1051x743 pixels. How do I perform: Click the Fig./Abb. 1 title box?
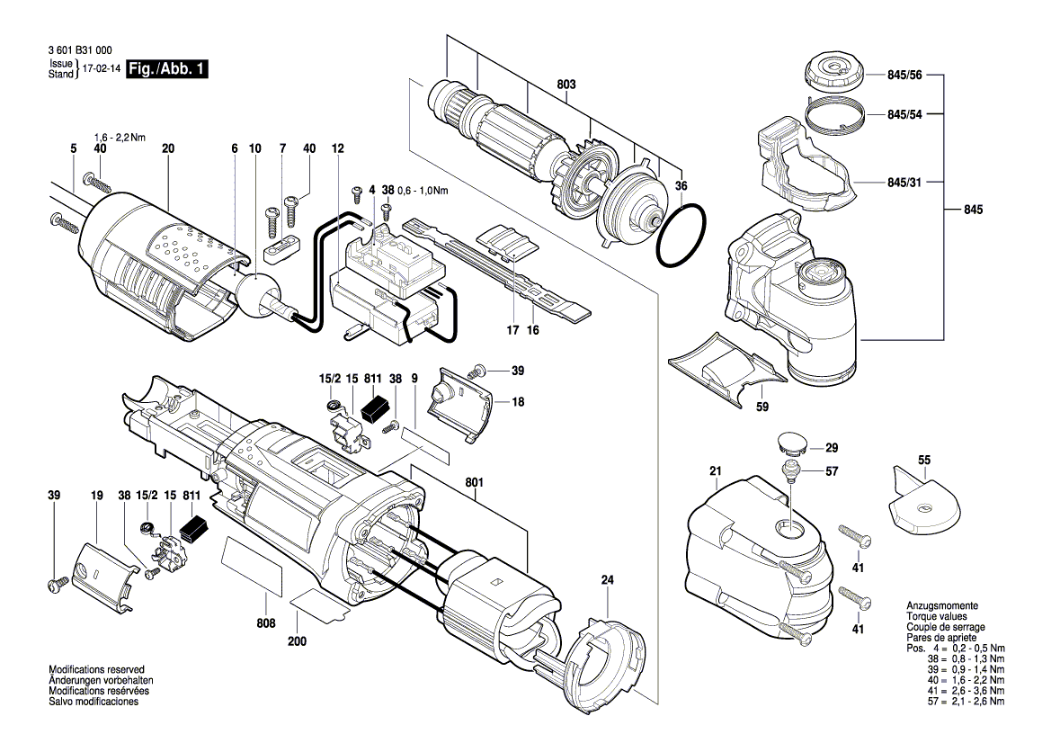[x=167, y=68]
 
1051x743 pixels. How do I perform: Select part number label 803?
[x=566, y=85]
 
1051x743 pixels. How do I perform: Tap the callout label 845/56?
[x=904, y=75]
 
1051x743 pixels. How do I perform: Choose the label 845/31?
[x=904, y=182]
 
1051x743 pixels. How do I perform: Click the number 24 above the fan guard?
[x=607, y=580]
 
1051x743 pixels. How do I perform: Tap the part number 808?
[x=266, y=623]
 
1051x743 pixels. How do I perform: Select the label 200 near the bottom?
[x=297, y=641]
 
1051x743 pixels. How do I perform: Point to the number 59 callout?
[x=762, y=407]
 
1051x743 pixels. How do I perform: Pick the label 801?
[x=474, y=482]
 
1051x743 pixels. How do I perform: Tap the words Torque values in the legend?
[x=937, y=616]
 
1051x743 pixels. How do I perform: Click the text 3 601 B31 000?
[x=80, y=50]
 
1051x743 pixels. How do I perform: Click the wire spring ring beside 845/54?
[x=833, y=114]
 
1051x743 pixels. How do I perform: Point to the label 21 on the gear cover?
[x=716, y=470]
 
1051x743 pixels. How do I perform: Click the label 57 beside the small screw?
[x=832, y=471]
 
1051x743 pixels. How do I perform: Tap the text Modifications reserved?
[x=96, y=669]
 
